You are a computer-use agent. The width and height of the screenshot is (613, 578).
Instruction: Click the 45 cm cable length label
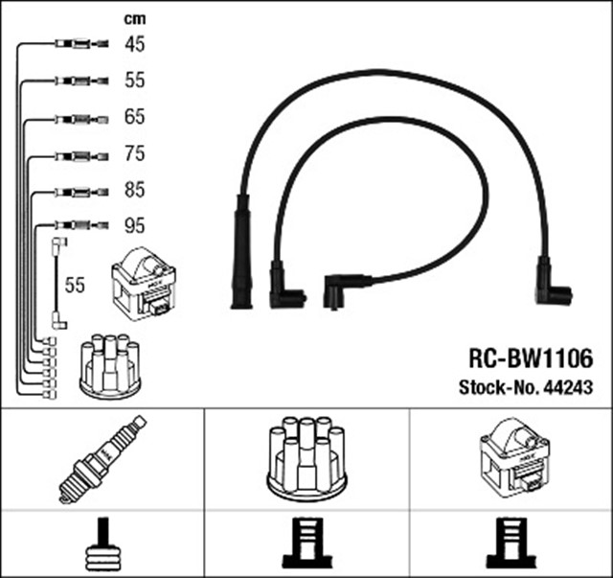point(134,43)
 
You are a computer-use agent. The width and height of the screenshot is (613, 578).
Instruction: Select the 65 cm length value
point(134,117)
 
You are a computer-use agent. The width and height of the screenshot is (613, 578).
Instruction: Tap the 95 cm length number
point(134,227)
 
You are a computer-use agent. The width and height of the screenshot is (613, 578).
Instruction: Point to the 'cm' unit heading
point(135,18)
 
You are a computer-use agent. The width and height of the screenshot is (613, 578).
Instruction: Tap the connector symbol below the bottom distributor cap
point(306,544)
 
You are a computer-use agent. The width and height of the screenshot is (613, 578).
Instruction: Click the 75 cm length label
point(134,153)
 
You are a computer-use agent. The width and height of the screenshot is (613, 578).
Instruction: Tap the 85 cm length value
point(134,191)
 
